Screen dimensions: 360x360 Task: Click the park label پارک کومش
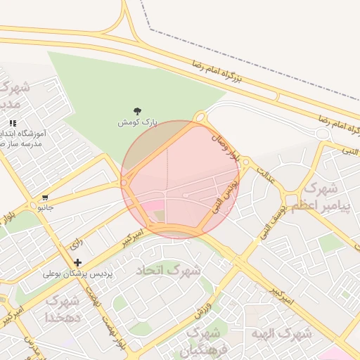click(136, 122)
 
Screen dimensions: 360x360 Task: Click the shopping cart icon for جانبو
click(46, 198)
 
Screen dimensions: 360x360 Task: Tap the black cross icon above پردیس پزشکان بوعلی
click(77, 262)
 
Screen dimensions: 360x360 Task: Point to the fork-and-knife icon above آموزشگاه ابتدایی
click(12, 123)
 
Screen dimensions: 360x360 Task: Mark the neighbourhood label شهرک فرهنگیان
click(205, 340)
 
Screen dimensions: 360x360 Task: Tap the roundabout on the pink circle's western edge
click(124, 184)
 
